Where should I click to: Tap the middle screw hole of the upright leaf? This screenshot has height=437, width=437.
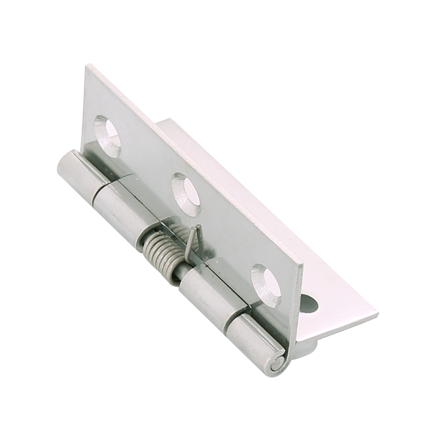186,191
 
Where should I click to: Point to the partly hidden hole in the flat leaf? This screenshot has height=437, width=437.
310,304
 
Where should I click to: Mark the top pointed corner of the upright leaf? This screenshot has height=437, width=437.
87,66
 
